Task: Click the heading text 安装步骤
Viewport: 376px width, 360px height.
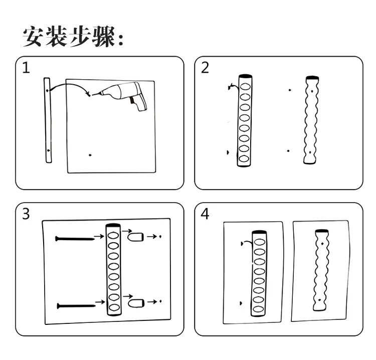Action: click(73, 37)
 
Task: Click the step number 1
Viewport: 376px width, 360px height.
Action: click(26, 68)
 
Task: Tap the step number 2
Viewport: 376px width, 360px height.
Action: click(205, 68)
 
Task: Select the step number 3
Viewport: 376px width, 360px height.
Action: click(26, 214)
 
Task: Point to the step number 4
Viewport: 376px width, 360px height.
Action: click(205, 214)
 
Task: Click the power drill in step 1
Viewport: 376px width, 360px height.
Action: click(123, 94)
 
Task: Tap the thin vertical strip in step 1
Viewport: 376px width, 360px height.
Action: click(48, 120)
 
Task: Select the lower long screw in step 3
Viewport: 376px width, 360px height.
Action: click(76, 305)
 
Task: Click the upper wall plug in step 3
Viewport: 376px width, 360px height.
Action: click(135, 236)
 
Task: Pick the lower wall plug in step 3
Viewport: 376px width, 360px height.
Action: click(136, 303)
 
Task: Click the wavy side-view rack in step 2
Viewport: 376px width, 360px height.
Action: click(311, 120)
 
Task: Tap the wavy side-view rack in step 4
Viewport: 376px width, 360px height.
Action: click(321, 269)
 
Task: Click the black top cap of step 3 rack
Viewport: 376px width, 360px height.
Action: click(113, 226)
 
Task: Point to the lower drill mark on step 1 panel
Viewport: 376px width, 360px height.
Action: click(90, 155)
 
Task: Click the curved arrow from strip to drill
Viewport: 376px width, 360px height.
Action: click(70, 86)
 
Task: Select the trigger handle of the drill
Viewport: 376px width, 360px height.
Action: click(136, 103)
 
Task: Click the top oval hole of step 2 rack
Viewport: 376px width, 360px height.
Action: click(245, 86)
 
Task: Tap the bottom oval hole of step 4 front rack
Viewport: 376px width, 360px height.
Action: click(258, 310)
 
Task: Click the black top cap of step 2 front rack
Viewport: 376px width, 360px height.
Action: click(245, 76)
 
